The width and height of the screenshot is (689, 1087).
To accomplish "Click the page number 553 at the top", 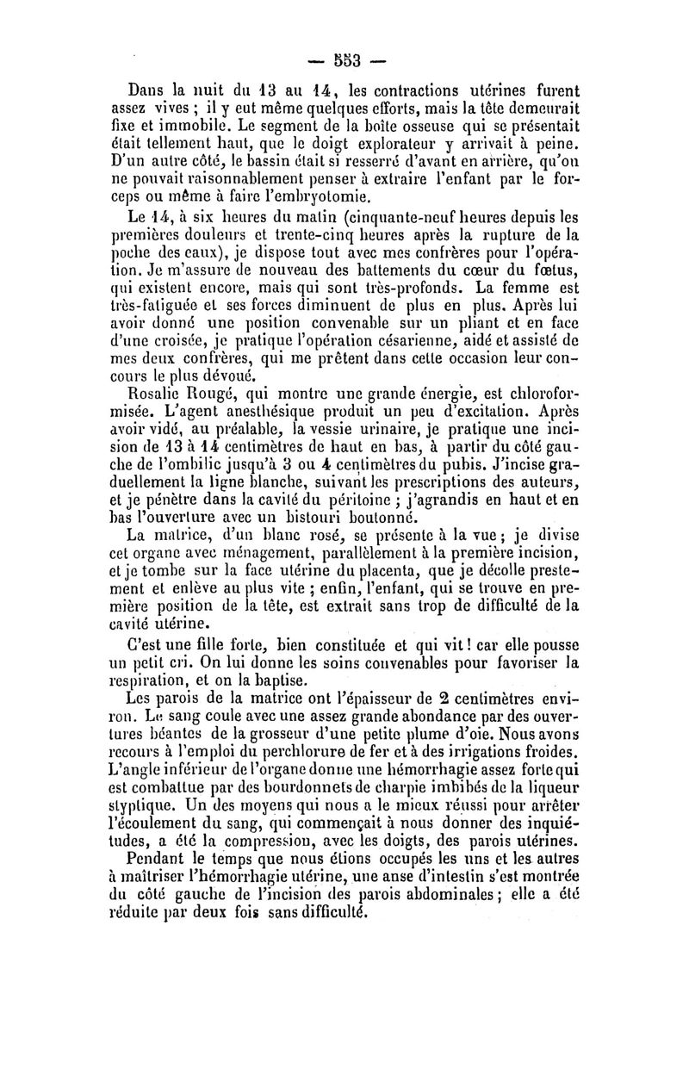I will pyautogui.click(x=344, y=61).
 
